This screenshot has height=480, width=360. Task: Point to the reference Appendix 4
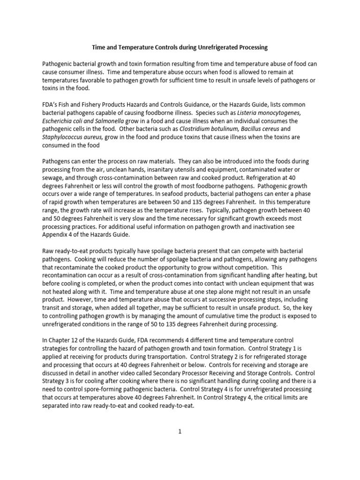60,234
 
